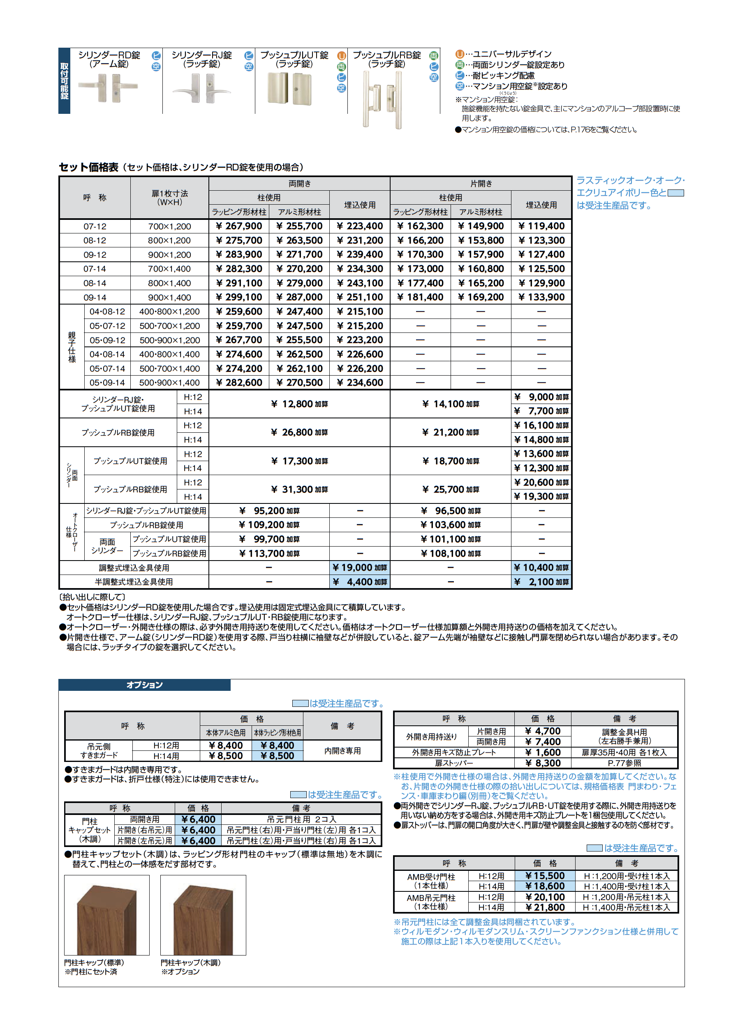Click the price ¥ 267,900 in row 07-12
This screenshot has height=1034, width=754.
click(239, 226)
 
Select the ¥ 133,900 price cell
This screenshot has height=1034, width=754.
click(541, 298)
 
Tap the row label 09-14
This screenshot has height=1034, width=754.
click(95, 298)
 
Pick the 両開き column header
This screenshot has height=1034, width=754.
click(299, 183)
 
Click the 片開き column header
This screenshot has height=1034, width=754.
click(481, 183)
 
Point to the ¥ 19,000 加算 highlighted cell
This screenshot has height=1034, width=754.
click(360, 568)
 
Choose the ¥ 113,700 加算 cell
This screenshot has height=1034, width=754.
click(269, 553)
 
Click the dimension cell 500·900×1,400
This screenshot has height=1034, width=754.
click(169, 383)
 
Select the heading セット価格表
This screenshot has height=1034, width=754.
click(88, 167)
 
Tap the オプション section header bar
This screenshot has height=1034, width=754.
click(144, 685)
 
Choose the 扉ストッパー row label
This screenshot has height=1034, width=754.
click(454, 763)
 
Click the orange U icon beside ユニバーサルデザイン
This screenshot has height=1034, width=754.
click(460, 54)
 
